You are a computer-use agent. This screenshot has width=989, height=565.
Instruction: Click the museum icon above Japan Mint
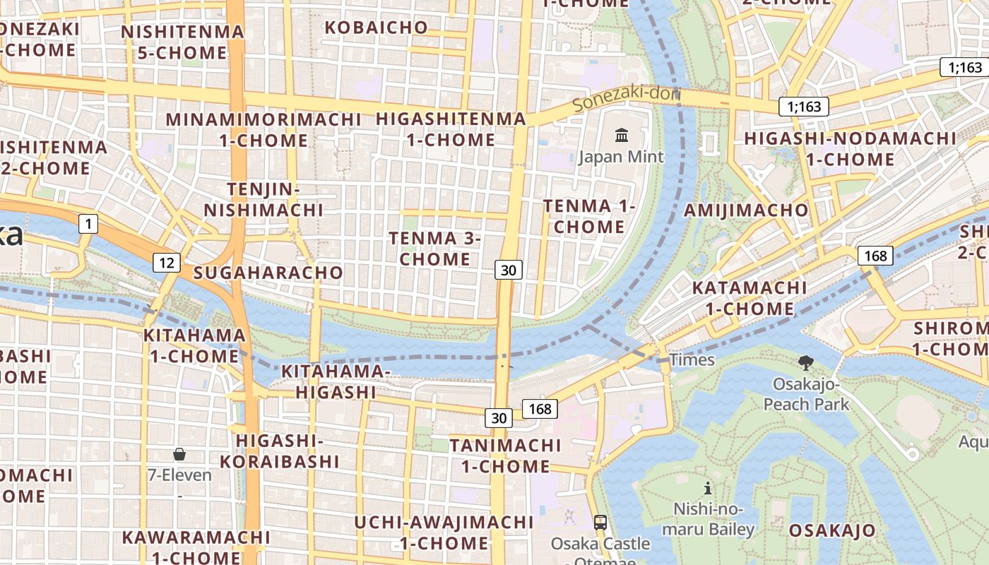(x=622, y=135)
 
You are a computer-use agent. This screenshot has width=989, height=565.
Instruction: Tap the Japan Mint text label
(x=622, y=156)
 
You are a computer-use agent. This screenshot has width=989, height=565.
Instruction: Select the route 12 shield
(x=167, y=263)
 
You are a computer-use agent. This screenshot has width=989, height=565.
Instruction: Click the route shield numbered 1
(x=88, y=225)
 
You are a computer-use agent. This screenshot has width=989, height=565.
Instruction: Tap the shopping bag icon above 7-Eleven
(x=179, y=454)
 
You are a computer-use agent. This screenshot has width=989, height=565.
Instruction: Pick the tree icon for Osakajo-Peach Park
(x=805, y=364)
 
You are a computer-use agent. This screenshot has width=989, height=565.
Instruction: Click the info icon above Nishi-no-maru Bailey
(x=707, y=488)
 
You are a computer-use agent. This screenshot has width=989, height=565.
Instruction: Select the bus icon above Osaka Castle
(x=600, y=523)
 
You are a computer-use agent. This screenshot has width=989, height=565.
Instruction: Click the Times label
(x=692, y=359)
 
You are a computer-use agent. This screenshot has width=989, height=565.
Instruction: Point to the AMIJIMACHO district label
(x=746, y=210)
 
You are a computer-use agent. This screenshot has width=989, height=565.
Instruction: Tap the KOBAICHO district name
(x=376, y=28)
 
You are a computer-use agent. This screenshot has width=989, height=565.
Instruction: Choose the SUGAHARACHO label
(x=268, y=273)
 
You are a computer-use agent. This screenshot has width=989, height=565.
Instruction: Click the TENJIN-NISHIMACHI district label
(x=263, y=200)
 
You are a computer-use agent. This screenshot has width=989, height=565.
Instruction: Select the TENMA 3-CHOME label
(x=434, y=249)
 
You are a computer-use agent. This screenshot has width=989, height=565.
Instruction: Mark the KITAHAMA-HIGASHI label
(x=336, y=381)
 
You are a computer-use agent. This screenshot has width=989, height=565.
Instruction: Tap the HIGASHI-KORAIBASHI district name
(x=280, y=451)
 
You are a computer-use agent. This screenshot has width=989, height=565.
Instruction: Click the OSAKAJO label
(x=832, y=530)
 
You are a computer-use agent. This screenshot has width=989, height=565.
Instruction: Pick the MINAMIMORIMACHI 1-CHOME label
(x=263, y=129)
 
